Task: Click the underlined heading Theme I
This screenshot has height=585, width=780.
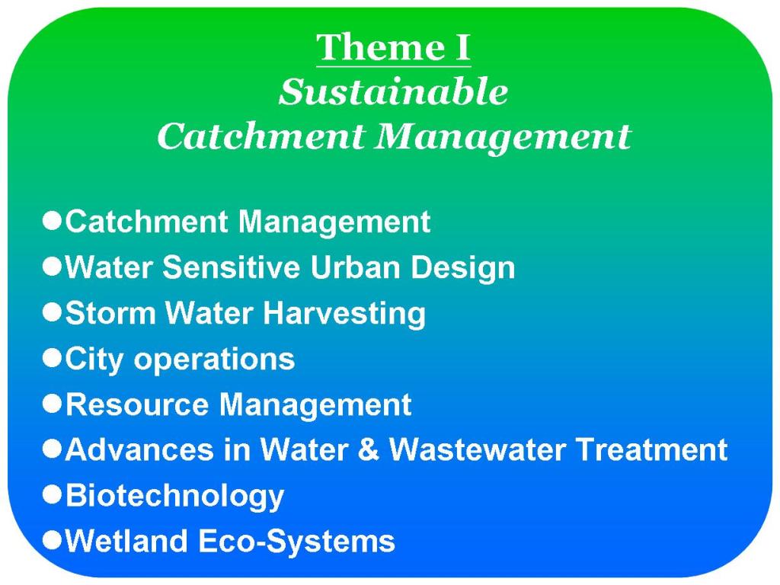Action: (394, 48)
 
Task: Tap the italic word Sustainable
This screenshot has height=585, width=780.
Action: (394, 92)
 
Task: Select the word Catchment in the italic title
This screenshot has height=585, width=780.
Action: (261, 136)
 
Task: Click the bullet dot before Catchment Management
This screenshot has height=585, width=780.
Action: (53, 220)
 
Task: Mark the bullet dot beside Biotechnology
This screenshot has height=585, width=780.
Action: (53, 494)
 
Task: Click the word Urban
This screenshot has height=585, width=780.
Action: (356, 267)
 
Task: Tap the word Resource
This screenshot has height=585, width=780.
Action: (137, 404)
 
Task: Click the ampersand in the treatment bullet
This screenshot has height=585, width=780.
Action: (368, 449)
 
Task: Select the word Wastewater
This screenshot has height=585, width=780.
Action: (478, 449)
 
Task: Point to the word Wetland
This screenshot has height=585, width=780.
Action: (126, 540)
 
